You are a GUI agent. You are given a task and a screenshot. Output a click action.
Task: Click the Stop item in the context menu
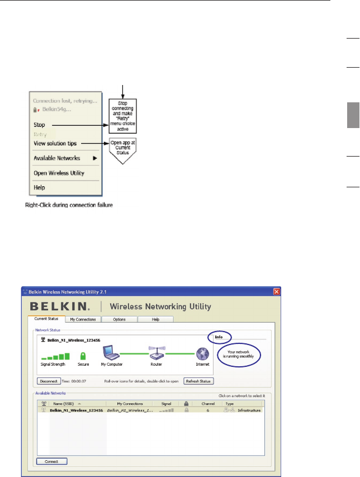(x=39, y=125)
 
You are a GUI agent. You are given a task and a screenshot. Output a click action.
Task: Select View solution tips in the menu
(x=61, y=144)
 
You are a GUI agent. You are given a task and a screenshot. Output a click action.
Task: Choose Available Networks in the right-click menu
(x=59, y=158)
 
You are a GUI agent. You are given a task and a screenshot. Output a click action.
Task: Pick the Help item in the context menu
(x=40, y=187)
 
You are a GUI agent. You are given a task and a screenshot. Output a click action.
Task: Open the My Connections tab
(x=83, y=319)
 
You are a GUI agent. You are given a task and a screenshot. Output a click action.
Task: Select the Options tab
(x=119, y=319)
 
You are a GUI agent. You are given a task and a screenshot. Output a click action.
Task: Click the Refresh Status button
(x=198, y=381)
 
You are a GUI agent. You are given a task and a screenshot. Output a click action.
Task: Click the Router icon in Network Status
(x=156, y=354)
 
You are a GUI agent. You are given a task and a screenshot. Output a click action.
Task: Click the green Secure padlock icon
(x=83, y=356)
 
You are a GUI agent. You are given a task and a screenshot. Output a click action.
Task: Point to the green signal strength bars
(x=54, y=356)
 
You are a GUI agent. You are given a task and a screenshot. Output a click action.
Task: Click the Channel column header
(x=208, y=403)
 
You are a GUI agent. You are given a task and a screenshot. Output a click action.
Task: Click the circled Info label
(x=219, y=337)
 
